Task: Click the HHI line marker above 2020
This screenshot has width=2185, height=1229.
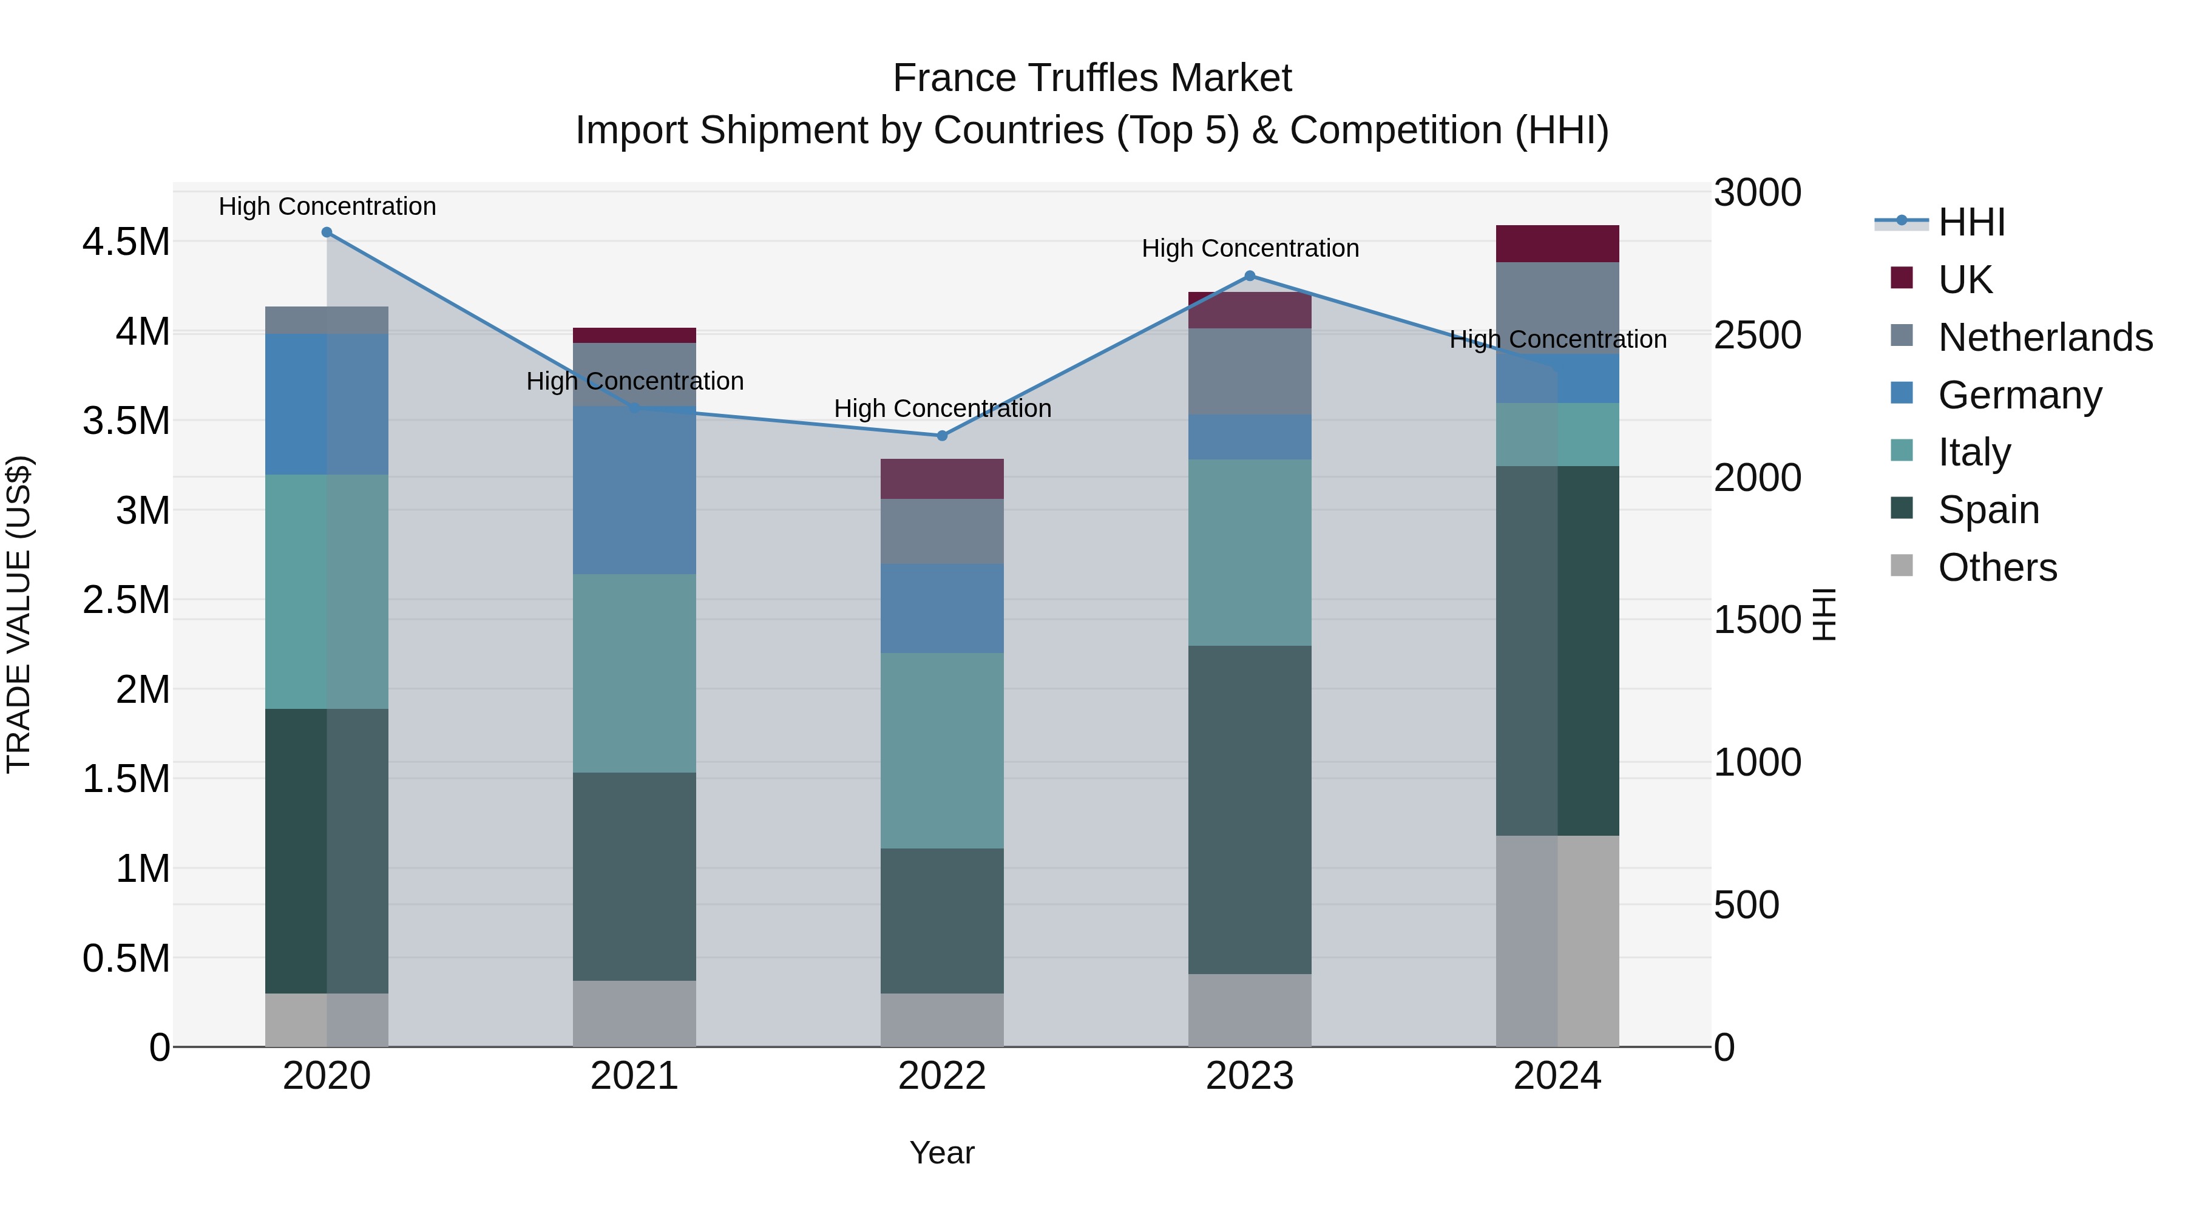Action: coord(327,232)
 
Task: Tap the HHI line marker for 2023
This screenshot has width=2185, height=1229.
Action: coord(1250,276)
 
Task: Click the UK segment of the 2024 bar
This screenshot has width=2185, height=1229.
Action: coord(1557,243)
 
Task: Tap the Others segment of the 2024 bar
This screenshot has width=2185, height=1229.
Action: coord(1557,941)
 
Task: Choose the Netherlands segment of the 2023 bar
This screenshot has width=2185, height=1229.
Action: coord(1250,371)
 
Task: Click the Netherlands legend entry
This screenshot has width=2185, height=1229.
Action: coord(2045,337)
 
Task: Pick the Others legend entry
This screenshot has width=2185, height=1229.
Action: coord(1997,567)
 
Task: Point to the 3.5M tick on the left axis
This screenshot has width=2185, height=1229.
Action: coord(126,421)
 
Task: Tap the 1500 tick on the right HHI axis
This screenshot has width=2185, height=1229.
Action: coord(1756,620)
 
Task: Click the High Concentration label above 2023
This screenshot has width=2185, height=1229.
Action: coord(1250,248)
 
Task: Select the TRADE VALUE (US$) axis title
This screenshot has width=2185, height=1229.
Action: coord(19,614)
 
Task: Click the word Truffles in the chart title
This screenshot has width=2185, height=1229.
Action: coord(1093,78)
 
